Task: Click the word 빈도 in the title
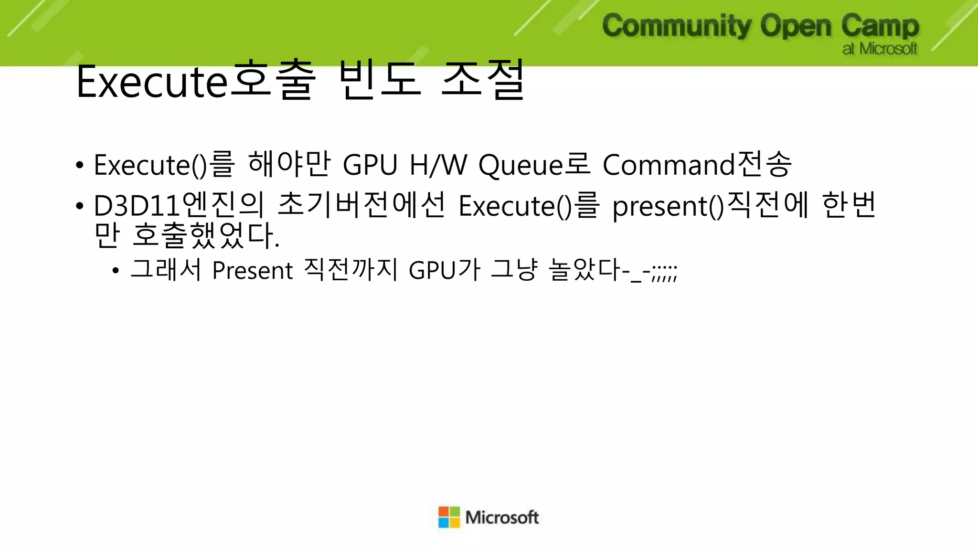click(x=380, y=81)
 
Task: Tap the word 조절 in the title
click(x=483, y=81)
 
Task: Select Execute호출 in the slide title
click(x=196, y=81)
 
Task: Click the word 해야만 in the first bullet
click(x=289, y=165)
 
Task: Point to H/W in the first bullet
click(x=438, y=165)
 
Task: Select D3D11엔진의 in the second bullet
click(x=179, y=205)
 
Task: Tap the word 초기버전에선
click(x=361, y=205)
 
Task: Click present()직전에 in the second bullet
click(x=711, y=205)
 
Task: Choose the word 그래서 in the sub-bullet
click(x=166, y=270)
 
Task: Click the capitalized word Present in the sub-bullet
click(x=252, y=271)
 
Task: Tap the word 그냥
click(x=514, y=270)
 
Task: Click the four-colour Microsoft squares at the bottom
click(x=449, y=518)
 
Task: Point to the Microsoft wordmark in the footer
click(x=502, y=518)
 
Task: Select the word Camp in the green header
click(x=880, y=26)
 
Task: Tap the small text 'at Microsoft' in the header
click(x=880, y=49)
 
